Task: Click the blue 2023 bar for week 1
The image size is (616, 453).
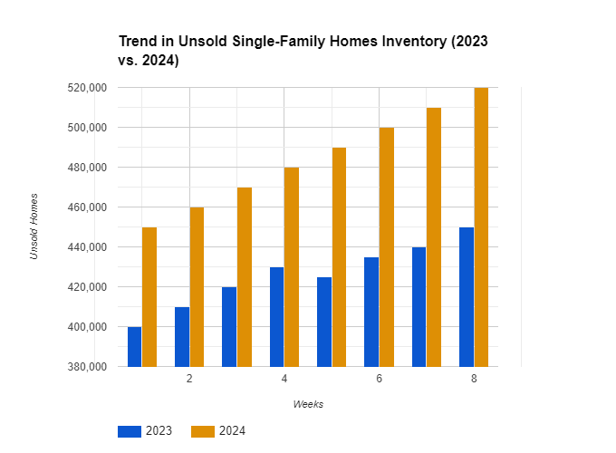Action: pos(134,346)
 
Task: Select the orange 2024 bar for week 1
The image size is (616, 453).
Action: pos(149,296)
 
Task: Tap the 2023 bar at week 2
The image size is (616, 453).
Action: pos(182,336)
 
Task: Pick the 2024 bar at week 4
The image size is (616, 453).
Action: pos(292,266)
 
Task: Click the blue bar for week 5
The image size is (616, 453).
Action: pos(324,322)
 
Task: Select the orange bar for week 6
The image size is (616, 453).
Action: pos(387,246)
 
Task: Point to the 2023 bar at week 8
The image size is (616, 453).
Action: pos(467,296)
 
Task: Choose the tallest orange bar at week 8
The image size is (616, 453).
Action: pos(481,226)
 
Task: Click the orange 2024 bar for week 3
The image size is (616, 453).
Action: pos(245,276)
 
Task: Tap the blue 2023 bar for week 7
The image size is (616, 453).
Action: pos(419,306)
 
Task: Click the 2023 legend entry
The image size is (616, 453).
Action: pos(145,431)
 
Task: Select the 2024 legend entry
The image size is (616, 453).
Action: pos(218,431)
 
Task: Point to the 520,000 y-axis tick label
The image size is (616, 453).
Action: pos(88,88)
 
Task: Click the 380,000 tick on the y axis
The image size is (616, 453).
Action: pos(88,367)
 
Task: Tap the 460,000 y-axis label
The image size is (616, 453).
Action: pos(88,207)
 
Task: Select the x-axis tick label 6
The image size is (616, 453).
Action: pos(379,378)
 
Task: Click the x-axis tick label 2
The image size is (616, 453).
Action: pos(189,378)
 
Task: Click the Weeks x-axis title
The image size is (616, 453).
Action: pos(308,404)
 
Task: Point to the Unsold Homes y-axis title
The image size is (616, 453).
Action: pos(34,226)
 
